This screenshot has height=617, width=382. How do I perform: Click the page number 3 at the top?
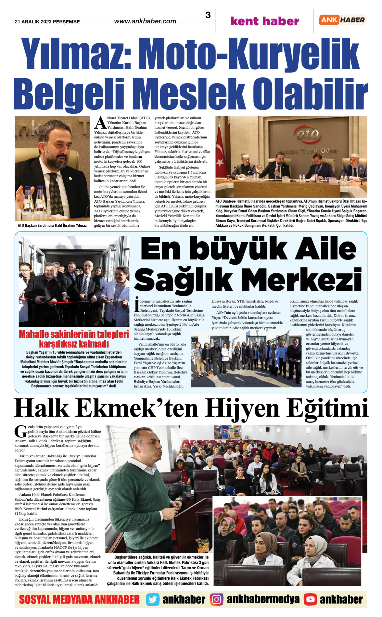[x=208, y=15]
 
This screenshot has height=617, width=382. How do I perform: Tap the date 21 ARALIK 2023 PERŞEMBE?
[x=47, y=22]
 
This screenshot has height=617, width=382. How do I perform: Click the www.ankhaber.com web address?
[x=145, y=21]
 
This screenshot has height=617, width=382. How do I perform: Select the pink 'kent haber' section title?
[x=264, y=21]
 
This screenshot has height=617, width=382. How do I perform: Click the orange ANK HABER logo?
[x=342, y=20]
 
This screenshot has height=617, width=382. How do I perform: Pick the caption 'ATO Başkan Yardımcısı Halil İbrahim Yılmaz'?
[x=52, y=225]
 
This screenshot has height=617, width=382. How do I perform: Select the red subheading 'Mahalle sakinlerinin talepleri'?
[x=74, y=334]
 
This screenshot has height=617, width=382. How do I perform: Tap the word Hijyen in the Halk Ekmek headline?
[x=242, y=409]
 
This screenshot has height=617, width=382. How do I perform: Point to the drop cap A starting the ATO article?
[x=100, y=122]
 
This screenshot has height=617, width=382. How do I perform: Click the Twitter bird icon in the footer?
[x=152, y=599]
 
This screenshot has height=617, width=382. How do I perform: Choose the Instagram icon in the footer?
[x=217, y=599]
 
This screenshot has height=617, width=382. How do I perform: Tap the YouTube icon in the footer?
[x=310, y=599]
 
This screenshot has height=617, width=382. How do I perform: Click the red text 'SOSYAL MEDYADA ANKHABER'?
[x=79, y=599]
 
